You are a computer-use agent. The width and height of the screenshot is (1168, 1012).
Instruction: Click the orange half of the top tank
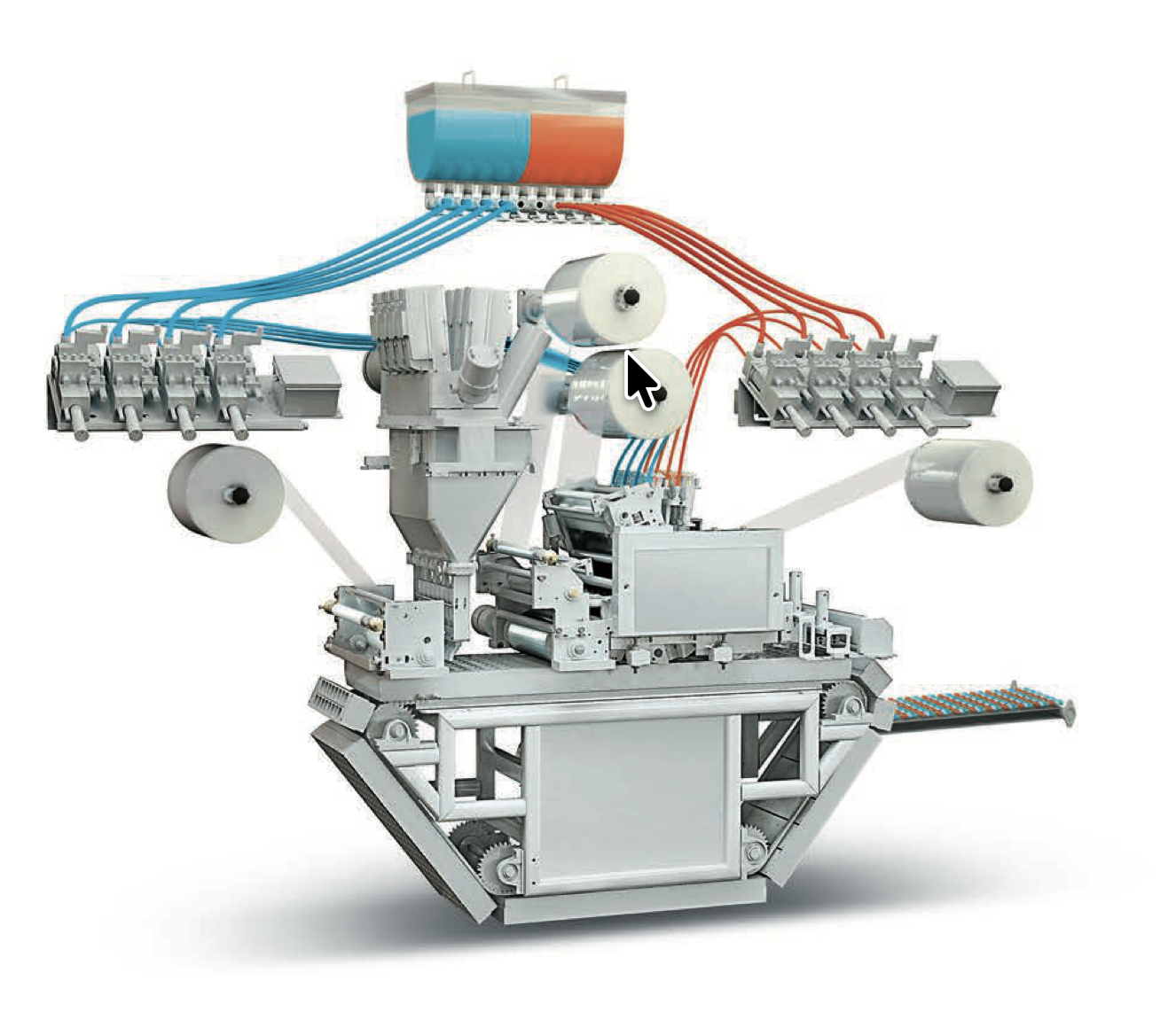pyautogui.click(x=572, y=146)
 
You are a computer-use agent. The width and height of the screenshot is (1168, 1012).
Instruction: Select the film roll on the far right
pyautogui.click(x=971, y=482)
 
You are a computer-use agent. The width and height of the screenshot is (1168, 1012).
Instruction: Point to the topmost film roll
pyautogui.click(x=608, y=297)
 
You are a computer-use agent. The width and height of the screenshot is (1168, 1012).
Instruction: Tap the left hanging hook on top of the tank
pyautogui.click(x=466, y=77)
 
